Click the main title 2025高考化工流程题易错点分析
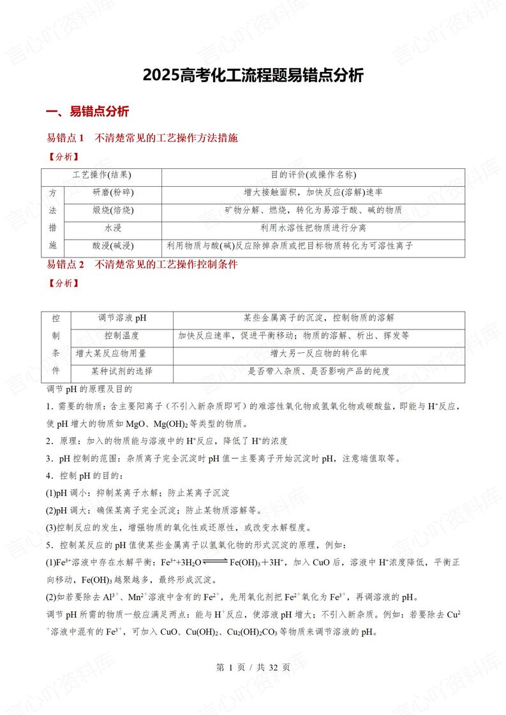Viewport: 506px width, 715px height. click(x=253, y=76)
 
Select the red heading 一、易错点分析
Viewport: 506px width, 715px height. click(x=88, y=112)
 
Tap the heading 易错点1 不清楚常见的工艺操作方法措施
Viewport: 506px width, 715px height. click(x=142, y=138)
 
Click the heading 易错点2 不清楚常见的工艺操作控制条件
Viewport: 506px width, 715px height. click(x=142, y=264)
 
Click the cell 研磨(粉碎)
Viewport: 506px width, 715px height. click(x=113, y=192)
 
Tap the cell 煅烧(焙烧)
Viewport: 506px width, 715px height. click(x=113, y=210)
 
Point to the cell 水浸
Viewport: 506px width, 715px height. click(x=113, y=228)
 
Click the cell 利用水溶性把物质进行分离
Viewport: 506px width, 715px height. click(x=313, y=228)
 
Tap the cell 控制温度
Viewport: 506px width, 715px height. click(x=121, y=336)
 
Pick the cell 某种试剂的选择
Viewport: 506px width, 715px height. click(x=121, y=372)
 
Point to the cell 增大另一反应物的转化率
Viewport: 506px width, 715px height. click(x=318, y=354)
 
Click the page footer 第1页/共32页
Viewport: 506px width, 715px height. click(x=253, y=667)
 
